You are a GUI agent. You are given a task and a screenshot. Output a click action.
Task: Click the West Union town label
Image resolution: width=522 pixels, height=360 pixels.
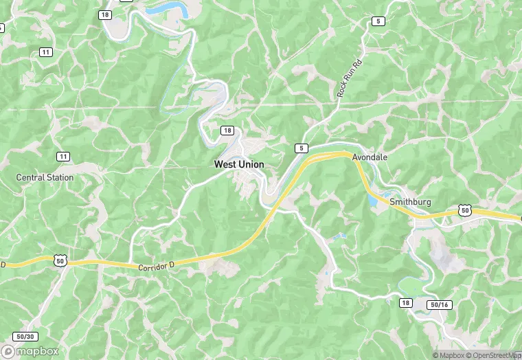pos(239,165)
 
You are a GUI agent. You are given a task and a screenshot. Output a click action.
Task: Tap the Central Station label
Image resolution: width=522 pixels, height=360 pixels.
pos(45,177)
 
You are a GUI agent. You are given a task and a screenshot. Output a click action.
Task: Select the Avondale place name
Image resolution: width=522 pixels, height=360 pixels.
pos(370,157)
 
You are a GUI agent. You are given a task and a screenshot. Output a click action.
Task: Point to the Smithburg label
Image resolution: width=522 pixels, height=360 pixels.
pos(410,203)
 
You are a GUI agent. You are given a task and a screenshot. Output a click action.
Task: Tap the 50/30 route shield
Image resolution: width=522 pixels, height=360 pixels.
pos(25,337)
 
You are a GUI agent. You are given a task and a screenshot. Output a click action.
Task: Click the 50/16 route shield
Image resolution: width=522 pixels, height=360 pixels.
pos(439,304)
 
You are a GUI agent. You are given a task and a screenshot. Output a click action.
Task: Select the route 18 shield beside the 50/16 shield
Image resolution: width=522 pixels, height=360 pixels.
pos(405,303)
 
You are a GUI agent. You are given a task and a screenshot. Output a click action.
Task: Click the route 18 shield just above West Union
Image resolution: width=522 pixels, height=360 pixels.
pos(227,131)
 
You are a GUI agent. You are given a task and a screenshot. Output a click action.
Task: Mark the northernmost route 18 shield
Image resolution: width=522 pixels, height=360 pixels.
pos(104,14)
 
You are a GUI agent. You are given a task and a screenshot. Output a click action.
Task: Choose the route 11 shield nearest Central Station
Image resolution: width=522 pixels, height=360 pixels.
pos(63,157)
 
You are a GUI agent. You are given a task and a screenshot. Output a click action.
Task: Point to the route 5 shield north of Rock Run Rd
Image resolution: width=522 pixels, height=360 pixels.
pos(378,21)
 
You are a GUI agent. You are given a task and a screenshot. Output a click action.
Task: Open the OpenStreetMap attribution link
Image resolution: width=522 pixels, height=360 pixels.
pos(492,355)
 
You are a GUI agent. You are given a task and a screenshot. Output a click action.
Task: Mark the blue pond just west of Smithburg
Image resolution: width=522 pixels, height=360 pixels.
pos(372,199)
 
